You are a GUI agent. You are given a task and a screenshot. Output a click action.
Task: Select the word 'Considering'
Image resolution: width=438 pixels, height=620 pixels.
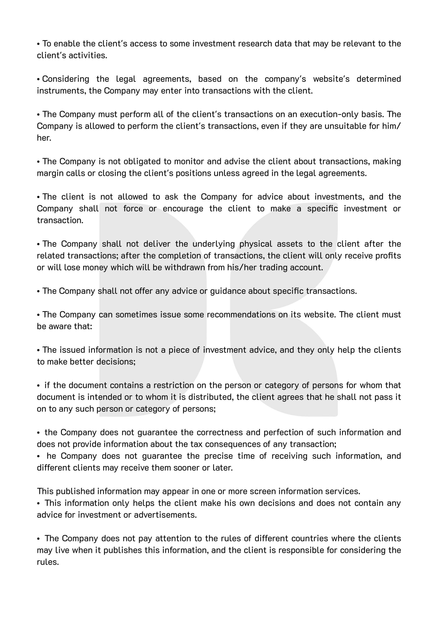coord(66,79)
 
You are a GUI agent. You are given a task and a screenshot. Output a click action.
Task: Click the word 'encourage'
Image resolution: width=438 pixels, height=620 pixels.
coord(183,209)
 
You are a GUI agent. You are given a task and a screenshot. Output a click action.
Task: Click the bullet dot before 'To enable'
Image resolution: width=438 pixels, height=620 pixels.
coord(38,44)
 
